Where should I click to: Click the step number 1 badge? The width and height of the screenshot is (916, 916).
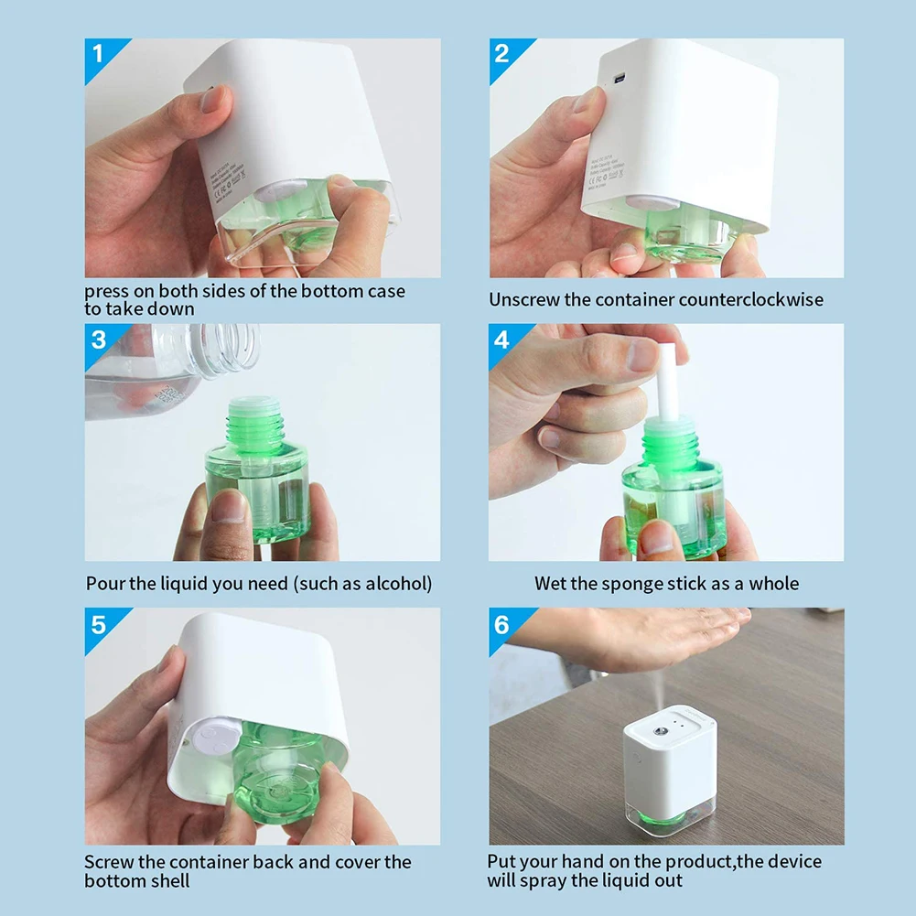click(x=99, y=53)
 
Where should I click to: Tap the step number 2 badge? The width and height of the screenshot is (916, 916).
click(x=502, y=53)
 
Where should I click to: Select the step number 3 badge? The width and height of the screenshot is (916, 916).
click(x=99, y=339)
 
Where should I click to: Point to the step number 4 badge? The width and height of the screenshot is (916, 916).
click(x=502, y=339)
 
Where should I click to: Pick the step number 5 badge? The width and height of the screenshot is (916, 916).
click(x=99, y=625)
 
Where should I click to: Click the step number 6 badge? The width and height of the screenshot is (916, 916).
click(x=502, y=625)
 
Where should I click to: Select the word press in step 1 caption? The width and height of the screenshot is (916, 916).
click(x=108, y=292)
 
